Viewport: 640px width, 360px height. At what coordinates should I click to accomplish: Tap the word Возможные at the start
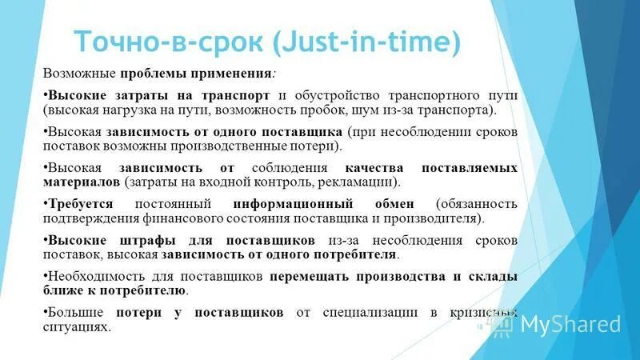[x=79, y=74]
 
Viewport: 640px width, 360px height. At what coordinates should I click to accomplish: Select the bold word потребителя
[x=357, y=255]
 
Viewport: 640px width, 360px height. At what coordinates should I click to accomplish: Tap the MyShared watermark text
[x=570, y=324]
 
